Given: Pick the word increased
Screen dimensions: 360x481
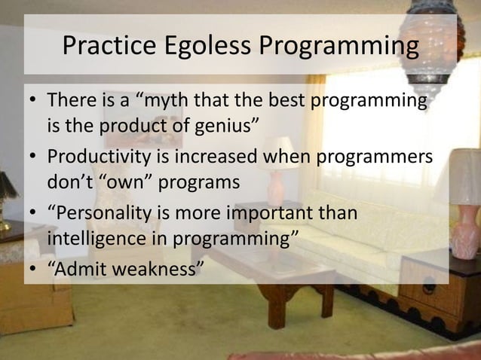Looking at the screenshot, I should tap(215, 158).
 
